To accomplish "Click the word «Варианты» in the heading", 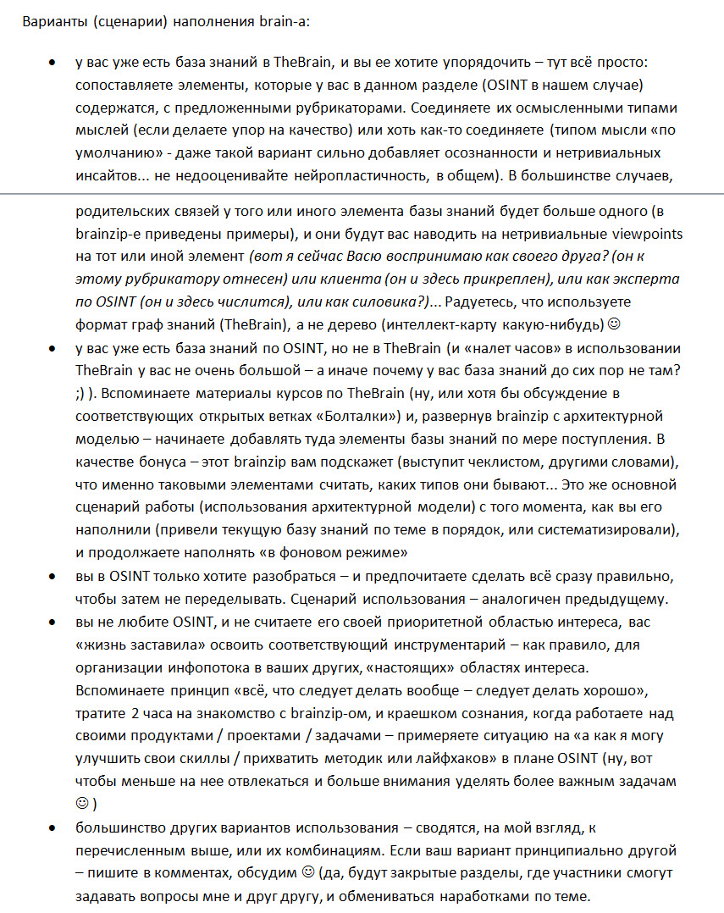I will click(x=52, y=20).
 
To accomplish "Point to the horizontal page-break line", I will click(x=362, y=194).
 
